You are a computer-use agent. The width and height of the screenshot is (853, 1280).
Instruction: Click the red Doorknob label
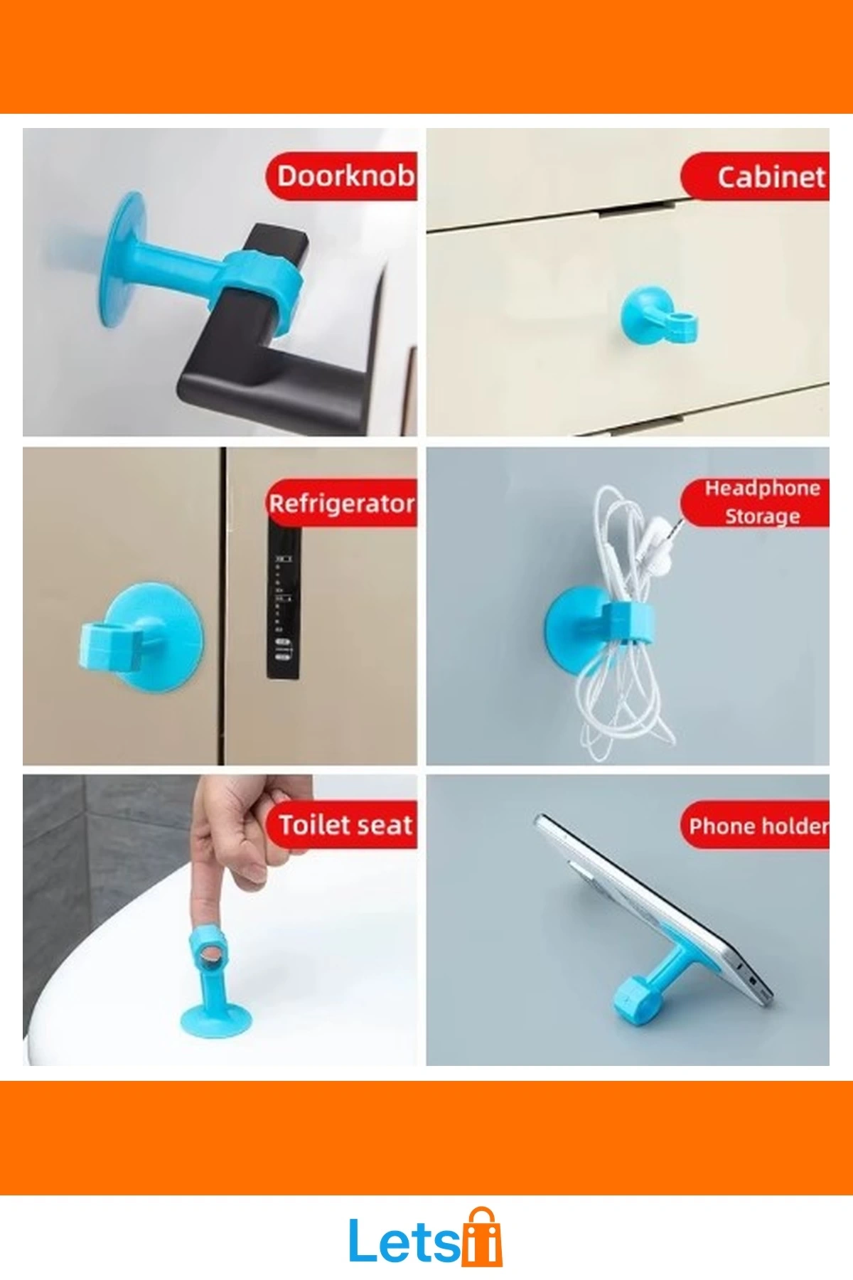tap(342, 176)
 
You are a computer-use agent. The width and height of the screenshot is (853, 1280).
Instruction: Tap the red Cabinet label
tap(756, 176)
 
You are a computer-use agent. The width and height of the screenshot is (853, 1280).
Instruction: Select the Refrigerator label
tap(342, 503)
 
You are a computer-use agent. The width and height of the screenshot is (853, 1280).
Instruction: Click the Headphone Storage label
tap(756, 502)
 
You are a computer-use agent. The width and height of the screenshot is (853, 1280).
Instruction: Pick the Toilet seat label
tap(342, 825)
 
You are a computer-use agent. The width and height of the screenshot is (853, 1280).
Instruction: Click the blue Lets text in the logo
tap(404, 1240)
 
